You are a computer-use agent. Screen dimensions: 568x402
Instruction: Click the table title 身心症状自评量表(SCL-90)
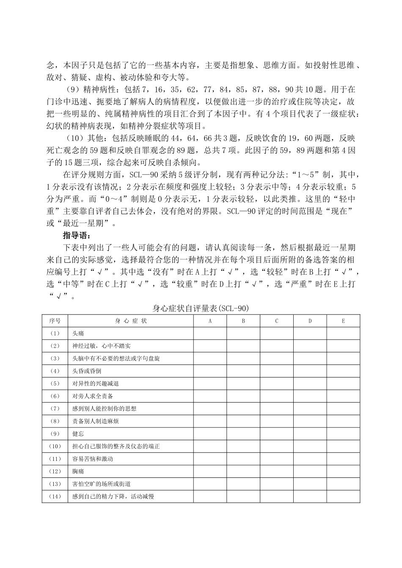click(201, 309)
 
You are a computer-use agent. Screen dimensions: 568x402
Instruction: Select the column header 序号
click(55, 321)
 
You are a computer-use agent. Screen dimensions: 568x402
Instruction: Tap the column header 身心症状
click(130, 321)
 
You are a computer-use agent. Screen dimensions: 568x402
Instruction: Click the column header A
click(210, 321)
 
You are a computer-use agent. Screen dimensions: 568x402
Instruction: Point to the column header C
click(276, 321)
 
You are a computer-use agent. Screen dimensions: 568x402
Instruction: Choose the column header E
click(343, 321)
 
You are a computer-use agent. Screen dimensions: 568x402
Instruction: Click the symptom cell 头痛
click(78, 334)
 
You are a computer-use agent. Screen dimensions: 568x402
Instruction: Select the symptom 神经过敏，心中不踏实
click(102, 346)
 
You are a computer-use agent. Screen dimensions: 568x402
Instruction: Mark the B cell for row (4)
click(243, 371)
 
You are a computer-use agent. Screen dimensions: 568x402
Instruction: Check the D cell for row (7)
click(310, 409)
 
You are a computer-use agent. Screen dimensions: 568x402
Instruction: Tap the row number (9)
click(55, 434)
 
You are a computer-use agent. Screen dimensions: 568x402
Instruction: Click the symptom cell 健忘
click(78, 434)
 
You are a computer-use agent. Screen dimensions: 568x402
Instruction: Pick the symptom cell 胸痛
click(78, 471)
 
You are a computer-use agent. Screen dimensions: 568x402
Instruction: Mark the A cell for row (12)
click(210, 471)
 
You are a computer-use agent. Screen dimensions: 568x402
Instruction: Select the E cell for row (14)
click(343, 496)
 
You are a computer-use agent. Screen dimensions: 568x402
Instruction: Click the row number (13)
click(55, 484)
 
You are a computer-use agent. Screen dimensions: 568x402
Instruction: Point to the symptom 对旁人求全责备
click(93, 396)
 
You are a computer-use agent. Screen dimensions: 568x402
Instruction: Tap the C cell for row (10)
click(276, 447)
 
